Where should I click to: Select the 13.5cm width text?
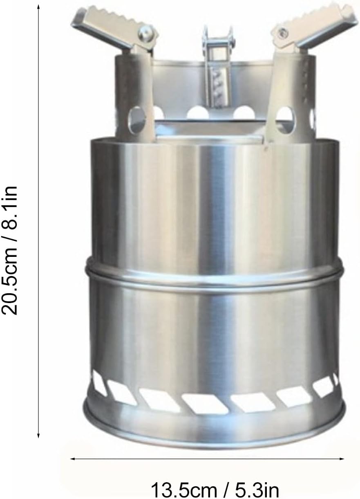pyautogui.click(x=184, y=489)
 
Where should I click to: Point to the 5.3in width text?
pyautogui.click(x=253, y=489)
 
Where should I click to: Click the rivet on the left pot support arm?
pyautogui.click(x=146, y=34)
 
